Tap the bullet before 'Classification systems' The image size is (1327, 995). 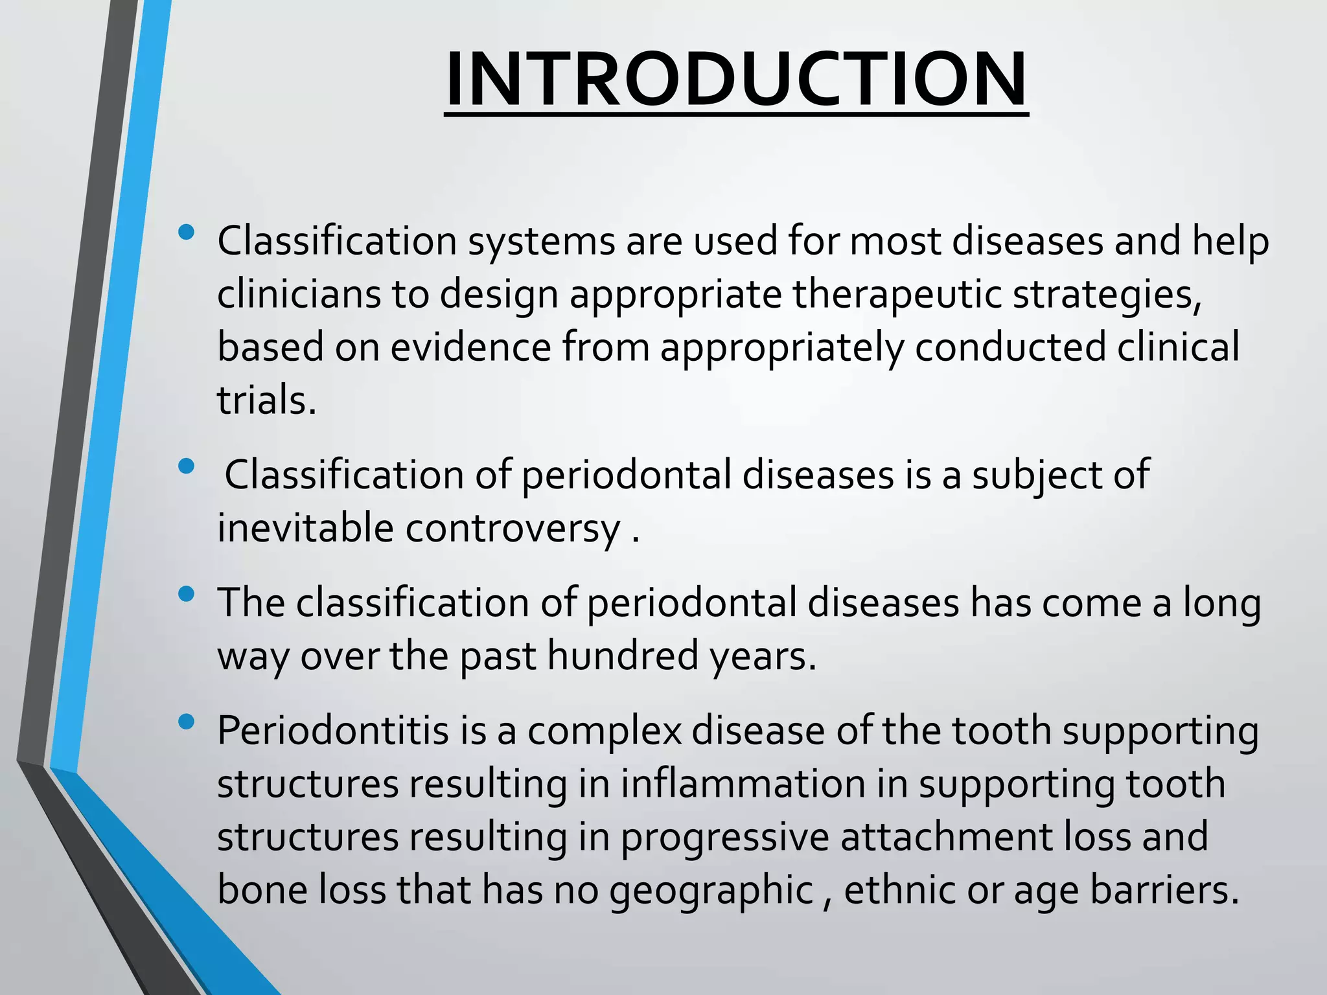coord(186,232)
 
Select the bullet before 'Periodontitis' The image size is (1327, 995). coord(186,722)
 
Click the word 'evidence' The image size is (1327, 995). coord(470,347)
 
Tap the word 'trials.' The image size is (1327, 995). coord(266,400)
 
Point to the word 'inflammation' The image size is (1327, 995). coord(743,784)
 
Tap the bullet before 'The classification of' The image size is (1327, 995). coord(186,593)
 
